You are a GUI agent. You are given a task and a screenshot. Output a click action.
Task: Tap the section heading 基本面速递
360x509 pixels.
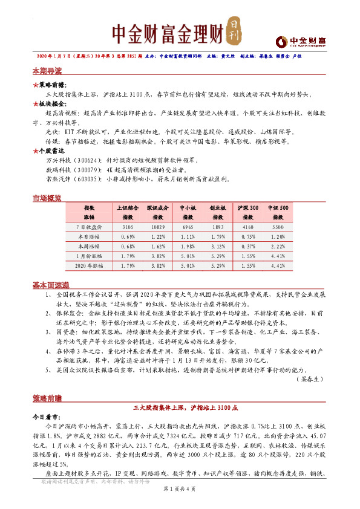50,284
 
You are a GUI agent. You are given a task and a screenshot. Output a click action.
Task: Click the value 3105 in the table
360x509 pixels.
128,226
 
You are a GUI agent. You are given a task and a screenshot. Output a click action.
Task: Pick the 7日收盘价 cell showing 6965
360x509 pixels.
188,226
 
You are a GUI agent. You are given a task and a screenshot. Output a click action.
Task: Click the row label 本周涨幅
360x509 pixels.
89,246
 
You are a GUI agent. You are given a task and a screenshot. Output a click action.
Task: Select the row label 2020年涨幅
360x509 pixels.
89,265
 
